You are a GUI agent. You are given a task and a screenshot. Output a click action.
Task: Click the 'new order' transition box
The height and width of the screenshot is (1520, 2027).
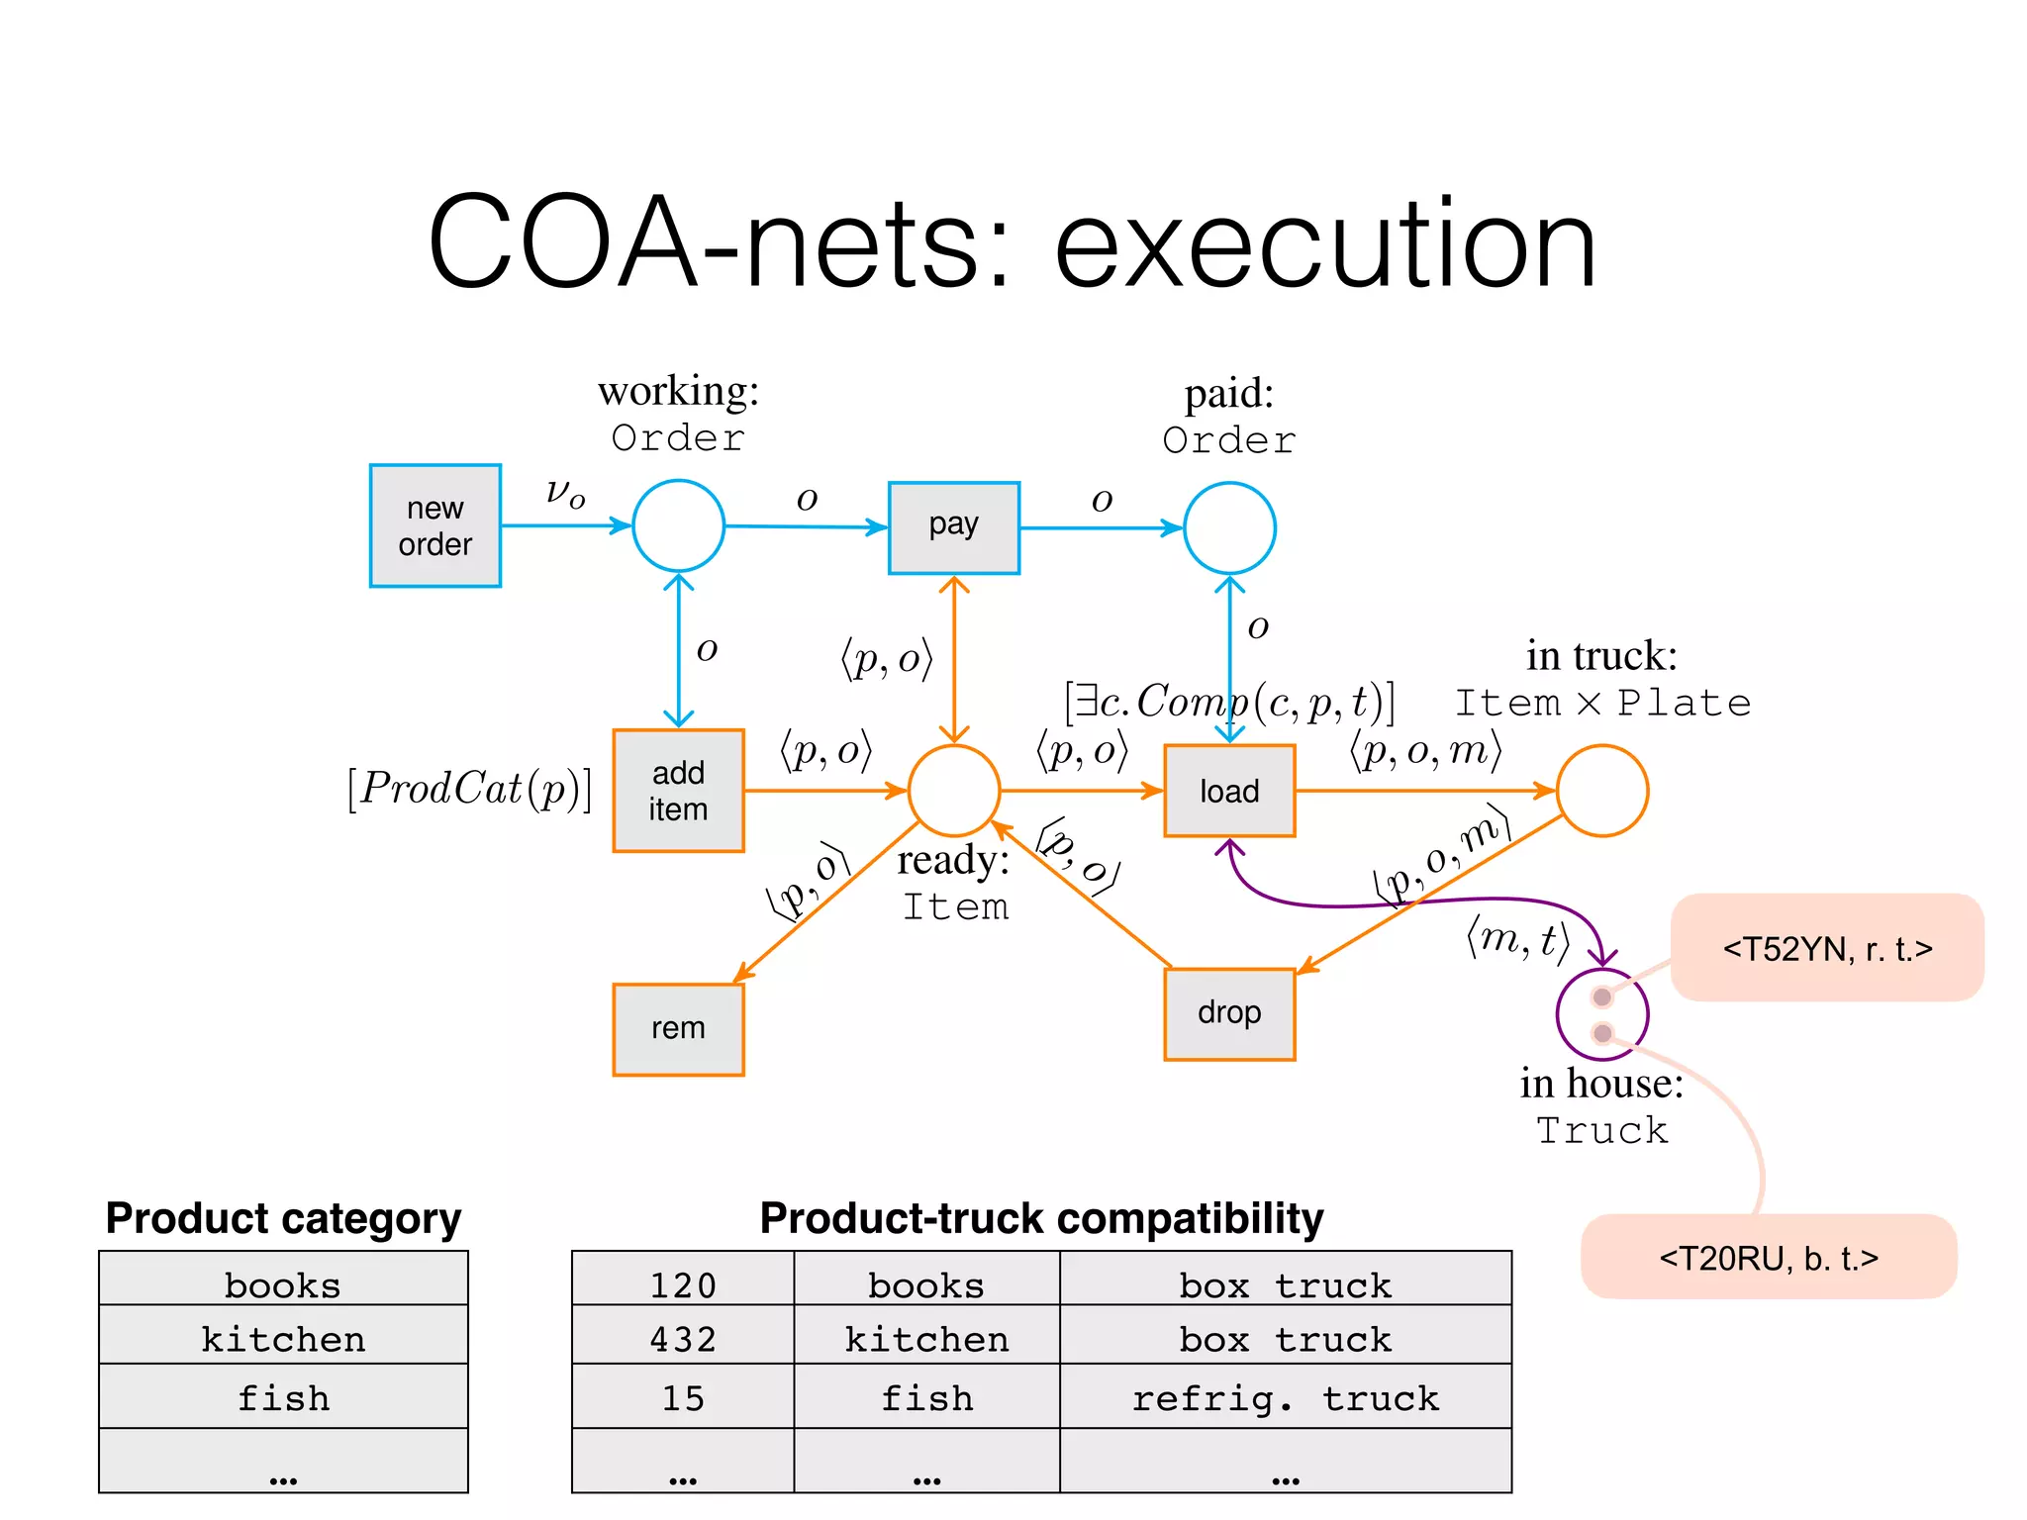[x=434, y=525]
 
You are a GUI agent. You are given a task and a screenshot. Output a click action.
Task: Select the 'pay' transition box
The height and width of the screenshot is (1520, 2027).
[x=953, y=527]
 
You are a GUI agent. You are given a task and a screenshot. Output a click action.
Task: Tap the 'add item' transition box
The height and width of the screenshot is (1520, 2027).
[x=678, y=791]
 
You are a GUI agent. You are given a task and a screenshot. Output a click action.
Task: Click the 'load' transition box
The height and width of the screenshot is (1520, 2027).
[x=1229, y=791]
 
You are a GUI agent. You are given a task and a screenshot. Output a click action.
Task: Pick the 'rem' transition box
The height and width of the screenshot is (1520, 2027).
[x=678, y=1029]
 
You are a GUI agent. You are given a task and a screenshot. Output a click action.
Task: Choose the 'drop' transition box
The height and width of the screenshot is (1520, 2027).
[x=1229, y=1013]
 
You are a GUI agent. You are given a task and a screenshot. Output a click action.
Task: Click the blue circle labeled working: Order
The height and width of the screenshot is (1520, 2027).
[x=678, y=525]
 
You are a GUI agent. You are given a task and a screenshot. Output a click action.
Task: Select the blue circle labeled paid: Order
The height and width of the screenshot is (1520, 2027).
[x=1229, y=527]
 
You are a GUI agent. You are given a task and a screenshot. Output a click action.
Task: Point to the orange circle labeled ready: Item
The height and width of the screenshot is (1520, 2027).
[x=954, y=791]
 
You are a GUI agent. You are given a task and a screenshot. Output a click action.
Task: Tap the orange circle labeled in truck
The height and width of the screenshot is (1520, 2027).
[x=1601, y=791]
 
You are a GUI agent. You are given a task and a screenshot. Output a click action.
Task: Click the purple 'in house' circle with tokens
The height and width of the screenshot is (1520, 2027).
[x=1601, y=1014]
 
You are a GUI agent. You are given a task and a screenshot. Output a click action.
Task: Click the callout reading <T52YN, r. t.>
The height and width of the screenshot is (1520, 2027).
[x=1827, y=948]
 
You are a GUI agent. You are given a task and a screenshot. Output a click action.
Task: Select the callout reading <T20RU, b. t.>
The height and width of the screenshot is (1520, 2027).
[x=1769, y=1257]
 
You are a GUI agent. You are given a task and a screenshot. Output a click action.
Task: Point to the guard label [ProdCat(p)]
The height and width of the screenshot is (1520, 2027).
[x=469, y=789]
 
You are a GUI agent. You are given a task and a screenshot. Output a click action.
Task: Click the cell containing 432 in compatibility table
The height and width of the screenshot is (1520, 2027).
[x=683, y=1339]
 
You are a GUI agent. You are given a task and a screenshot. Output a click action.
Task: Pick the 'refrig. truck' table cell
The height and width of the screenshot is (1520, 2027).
[x=1285, y=1397]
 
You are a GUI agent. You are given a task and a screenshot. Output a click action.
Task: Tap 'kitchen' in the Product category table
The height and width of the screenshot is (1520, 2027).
[x=283, y=1339]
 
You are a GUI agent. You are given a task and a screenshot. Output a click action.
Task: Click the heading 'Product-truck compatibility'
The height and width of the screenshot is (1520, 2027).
[x=1041, y=1218]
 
